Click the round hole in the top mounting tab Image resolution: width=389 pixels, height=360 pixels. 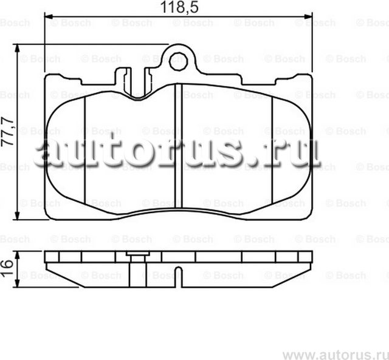[178, 60]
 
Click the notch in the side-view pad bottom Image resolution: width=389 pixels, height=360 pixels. [177, 271]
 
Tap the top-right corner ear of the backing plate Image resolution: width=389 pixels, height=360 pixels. [301, 78]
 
